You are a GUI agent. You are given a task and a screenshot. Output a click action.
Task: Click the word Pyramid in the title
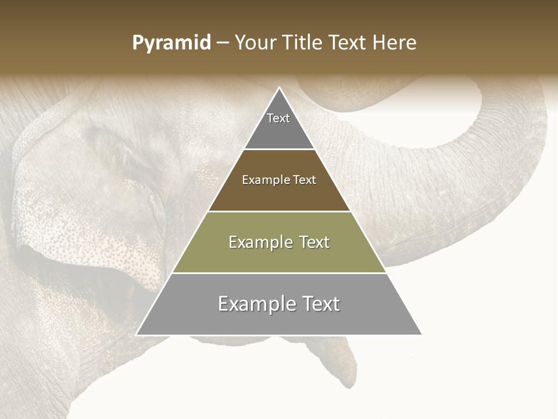(171, 43)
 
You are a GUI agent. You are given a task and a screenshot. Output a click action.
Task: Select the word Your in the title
(255, 42)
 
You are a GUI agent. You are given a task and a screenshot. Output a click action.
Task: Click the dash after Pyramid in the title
(223, 43)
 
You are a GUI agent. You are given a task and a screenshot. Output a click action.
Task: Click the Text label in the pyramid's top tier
(278, 118)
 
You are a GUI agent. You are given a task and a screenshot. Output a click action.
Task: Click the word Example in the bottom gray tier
(256, 304)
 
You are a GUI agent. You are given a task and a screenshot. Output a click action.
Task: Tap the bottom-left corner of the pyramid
(137, 335)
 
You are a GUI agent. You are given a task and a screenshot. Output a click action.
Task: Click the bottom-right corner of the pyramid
(422, 335)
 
